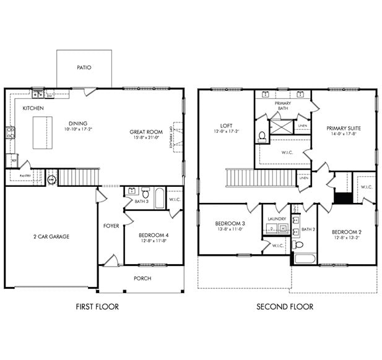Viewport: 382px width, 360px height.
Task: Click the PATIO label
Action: pos(84,67)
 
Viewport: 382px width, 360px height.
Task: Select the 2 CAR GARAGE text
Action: pos(51,236)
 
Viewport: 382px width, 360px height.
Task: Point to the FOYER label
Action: pos(111,226)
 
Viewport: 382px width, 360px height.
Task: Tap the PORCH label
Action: pos(142,278)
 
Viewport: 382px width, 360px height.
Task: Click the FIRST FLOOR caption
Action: pos(97,306)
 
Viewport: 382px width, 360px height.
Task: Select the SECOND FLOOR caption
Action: pos(285,306)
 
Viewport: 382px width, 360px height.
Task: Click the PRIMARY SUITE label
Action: pos(344,128)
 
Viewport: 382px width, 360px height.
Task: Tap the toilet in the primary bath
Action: pos(262,135)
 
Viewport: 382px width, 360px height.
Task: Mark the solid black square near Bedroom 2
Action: pos(342,198)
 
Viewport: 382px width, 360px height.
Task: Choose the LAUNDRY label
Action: pos(276,219)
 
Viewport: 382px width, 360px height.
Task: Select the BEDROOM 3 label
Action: pos(230,223)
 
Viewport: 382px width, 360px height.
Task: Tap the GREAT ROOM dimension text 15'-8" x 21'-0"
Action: pos(146,138)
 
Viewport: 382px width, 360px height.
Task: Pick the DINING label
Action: pos(77,122)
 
